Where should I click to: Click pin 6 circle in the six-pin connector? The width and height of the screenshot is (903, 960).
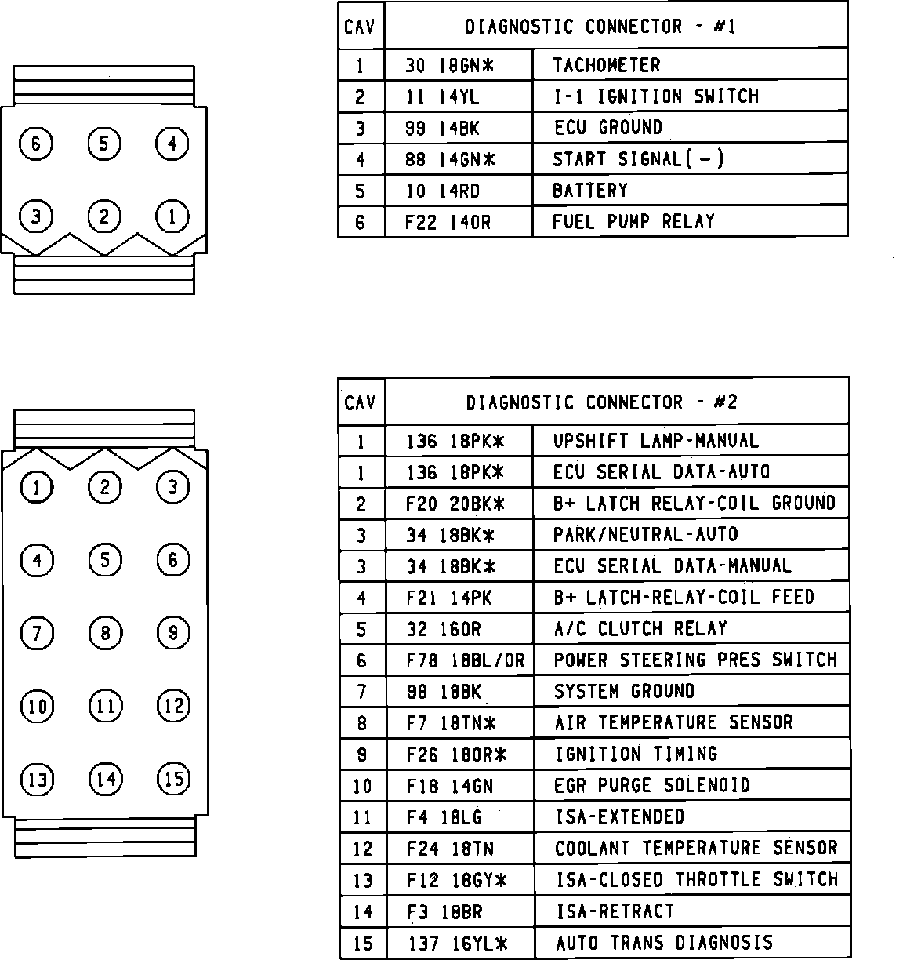click(x=36, y=144)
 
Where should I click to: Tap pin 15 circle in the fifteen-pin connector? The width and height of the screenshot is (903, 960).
click(x=173, y=778)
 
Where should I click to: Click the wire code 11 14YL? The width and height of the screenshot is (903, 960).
click(x=442, y=96)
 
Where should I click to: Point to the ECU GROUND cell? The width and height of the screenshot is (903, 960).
click(x=607, y=128)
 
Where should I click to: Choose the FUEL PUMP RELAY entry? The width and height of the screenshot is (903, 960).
click(x=633, y=221)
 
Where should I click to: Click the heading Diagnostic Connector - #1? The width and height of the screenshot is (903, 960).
click(x=600, y=27)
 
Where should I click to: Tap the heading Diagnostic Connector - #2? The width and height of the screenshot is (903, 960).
click(x=601, y=402)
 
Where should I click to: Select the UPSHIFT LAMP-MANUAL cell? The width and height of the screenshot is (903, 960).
click(x=655, y=441)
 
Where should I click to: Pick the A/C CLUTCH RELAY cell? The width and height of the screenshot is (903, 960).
click(x=640, y=629)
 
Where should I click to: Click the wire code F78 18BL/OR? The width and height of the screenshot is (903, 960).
click(x=465, y=660)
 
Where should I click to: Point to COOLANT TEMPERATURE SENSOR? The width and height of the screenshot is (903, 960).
click(x=695, y=849)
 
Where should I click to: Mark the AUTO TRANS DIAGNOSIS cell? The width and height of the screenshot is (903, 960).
click(x=664, y=943)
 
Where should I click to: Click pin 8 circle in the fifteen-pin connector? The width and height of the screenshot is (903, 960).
click(x=105, y=632)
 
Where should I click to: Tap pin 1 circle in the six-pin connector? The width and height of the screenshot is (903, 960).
click(x=172, y=216)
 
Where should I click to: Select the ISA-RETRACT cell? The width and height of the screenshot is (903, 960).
click(x=615, y=911)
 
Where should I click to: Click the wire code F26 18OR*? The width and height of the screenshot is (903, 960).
click(x=456, y=755)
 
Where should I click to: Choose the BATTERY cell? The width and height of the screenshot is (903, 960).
click(x=589, y=191)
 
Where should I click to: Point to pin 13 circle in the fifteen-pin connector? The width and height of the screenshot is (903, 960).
click(x=37, y=779)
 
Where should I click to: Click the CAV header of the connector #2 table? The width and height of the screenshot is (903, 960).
click(x=361, y=402)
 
